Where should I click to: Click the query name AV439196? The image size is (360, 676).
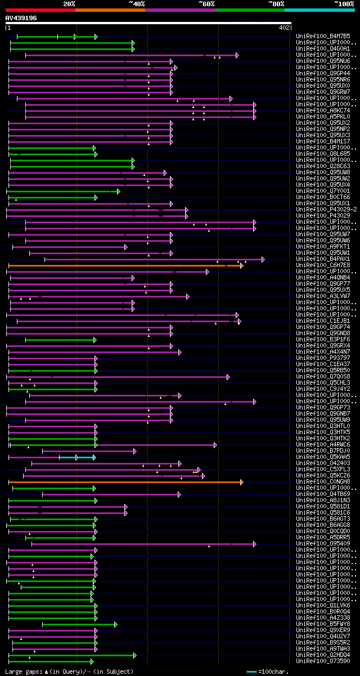tap(21, 18)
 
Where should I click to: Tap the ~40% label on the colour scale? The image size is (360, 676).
tap(137, 4)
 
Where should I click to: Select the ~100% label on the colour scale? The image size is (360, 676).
tap(344, 4)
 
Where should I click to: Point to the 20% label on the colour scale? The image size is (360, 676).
tap(69, 4)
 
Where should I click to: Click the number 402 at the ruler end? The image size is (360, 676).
tap(284, 27)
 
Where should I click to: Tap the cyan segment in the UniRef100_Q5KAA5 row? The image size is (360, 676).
tap(77, 457)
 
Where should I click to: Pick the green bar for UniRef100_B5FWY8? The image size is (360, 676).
tap(79, 624)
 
